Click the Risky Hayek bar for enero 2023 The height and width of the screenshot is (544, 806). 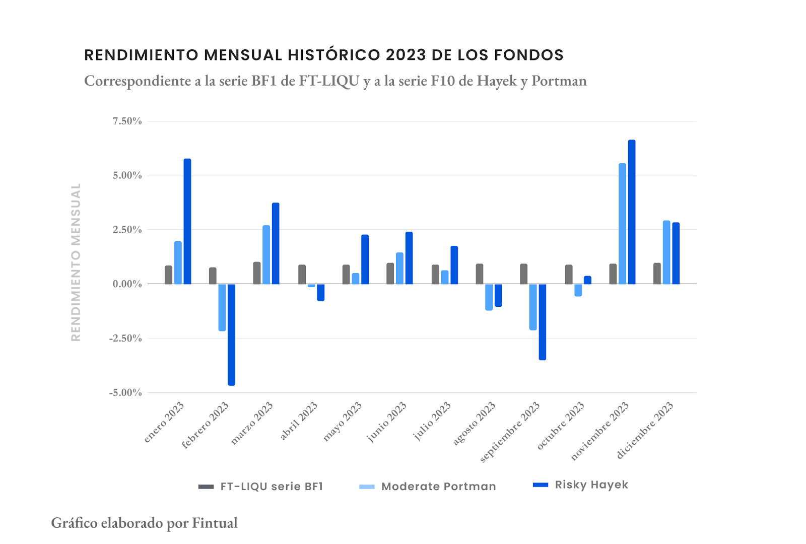click(187, 222)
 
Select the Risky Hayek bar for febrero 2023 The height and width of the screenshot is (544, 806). click(231, 334)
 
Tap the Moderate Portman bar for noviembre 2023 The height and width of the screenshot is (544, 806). click(622, 224)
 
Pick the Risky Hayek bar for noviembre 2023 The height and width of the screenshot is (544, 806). click(632, 212)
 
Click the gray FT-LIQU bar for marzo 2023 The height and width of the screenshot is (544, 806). click(257, 273)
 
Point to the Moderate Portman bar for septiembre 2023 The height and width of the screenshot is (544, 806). click(533, 307)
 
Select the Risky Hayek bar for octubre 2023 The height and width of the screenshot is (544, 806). click(587, 280)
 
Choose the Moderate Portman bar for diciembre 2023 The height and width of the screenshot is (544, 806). click(666, 252)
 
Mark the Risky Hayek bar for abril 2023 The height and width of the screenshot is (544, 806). click(320, 292)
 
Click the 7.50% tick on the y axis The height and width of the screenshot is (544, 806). click(127, 121)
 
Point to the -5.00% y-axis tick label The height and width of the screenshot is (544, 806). click(125, 393)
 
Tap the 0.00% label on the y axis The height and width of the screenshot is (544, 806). click(127, 284)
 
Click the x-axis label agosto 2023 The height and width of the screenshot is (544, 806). click(475, 423)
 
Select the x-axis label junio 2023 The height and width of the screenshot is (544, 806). click(387, 422)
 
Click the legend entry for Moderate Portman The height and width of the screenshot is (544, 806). click(438, 487)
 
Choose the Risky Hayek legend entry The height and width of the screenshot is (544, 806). click(591, 485)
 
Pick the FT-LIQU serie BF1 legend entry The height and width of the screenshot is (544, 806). click(271, 487)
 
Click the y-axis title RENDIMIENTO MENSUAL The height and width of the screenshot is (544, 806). click(76, 262)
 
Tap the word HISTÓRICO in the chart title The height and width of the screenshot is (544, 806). click(334, 55)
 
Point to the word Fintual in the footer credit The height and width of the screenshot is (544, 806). click(215, 523)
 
